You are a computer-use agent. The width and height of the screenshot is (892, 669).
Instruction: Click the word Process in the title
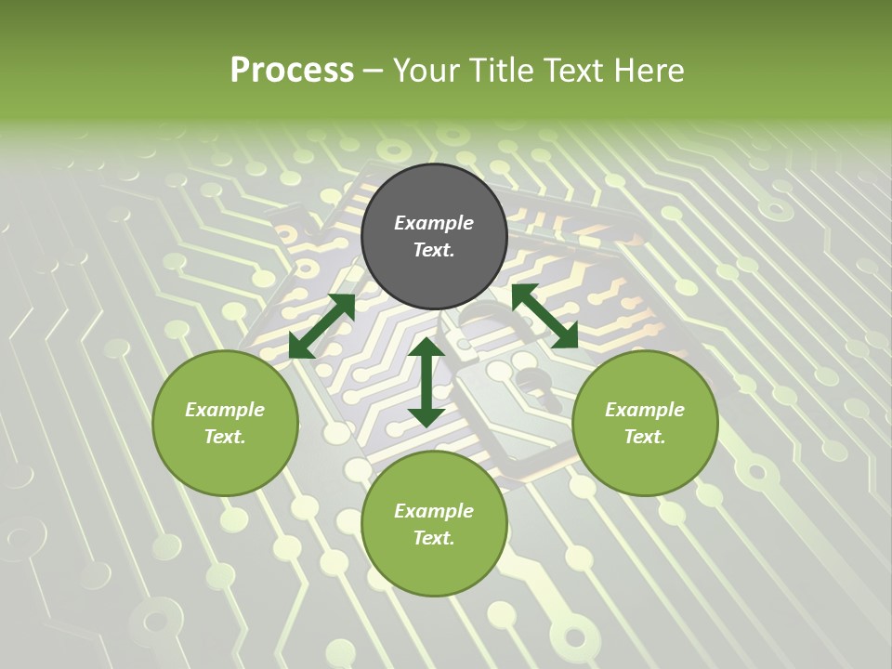click(292, 70)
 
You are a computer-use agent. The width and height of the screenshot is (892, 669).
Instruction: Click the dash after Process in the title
click(374, 71)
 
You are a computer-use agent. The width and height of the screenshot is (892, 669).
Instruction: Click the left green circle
click(225, 423)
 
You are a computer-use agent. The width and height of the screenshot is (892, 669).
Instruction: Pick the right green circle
click(645, 423)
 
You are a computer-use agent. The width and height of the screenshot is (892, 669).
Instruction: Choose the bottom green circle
click(434, 524)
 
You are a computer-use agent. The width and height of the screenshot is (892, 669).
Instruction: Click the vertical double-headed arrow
click(426, 382)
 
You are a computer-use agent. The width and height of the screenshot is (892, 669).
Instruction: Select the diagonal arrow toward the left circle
click(321, 326)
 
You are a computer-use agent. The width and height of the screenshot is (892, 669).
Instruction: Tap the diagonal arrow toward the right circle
click(544, 316)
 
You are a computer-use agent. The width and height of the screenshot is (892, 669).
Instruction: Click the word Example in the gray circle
click(434, 223)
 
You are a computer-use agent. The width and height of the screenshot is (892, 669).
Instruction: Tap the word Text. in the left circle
click(225, 437)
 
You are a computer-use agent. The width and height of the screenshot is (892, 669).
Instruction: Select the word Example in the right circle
click(645, 410)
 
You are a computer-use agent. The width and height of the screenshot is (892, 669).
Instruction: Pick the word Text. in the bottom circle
click(434, 538)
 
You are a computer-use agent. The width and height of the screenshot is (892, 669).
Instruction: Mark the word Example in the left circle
click(225, 410)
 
